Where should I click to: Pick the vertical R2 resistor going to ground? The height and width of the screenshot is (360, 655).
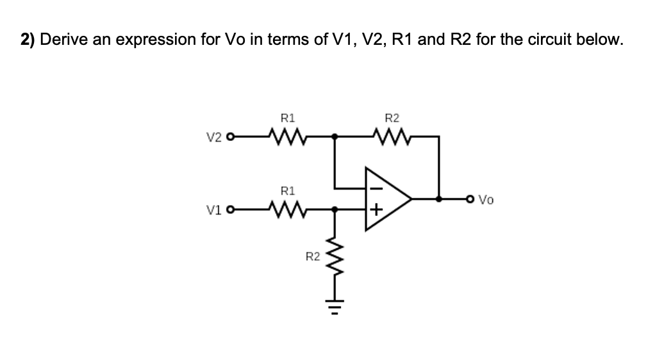point(334,260)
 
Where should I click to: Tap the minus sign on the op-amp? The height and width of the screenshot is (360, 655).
point(376,189)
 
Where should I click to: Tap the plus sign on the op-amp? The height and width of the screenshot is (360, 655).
point(376,209)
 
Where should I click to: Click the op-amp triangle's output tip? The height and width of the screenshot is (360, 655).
point(412,199)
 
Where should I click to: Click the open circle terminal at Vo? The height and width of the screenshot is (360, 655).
point(473,199)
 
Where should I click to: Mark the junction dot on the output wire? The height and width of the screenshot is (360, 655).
point(438,199)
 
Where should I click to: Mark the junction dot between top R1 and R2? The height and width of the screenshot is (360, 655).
point(334,136)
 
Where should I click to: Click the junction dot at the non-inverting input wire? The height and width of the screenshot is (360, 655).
point(334,209)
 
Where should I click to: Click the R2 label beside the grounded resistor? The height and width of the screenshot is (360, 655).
point(312,257)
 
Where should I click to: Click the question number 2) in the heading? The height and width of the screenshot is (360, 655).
point(28,40)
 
